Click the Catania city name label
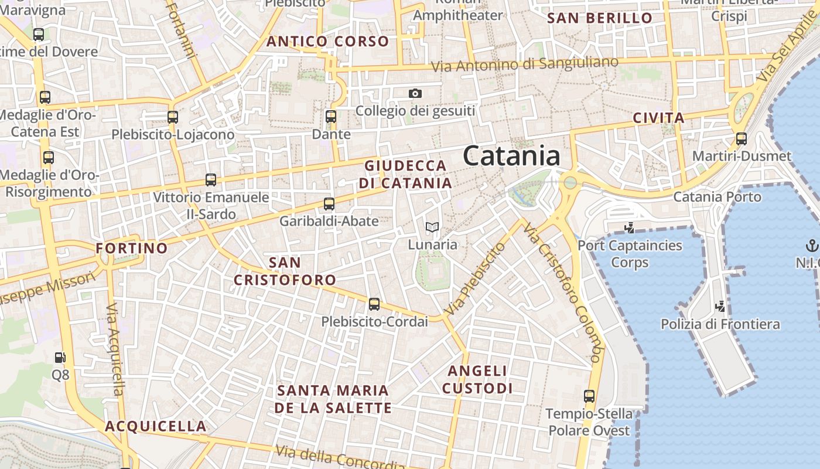[x=511, y=157]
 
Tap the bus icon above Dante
[x=331, y=117]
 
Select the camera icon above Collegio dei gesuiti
[x=415, y=93]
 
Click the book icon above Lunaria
[x=432, y=227]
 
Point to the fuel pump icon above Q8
[x=60, y=357]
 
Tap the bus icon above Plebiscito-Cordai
[x=374, y=304]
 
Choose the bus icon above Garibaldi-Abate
[x=329, y=204]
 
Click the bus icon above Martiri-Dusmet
[x=742, y=139]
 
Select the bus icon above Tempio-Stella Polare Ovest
[x=589, y=396]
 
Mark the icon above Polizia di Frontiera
[x=720, y=306]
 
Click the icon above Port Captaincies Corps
[x=630, y=227]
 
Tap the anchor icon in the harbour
[x=812, y=245]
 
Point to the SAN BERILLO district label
[x=600, y=18]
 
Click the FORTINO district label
[x=132, y=248]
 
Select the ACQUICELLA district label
[x=156, y=426]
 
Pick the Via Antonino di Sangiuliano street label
[x=525, y=64]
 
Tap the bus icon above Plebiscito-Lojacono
[x=172, y=117]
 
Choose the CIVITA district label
[x=658, y=118]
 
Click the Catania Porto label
[x=717, y=196]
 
